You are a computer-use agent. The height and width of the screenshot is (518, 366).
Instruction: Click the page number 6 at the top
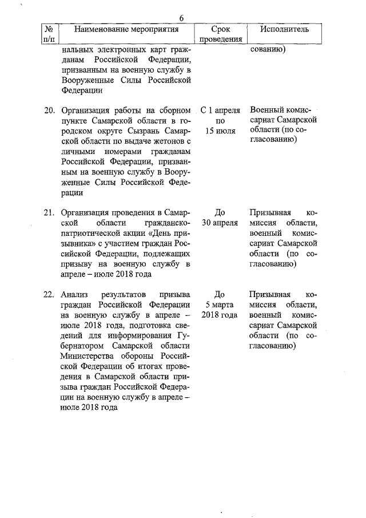(x=181, y=18)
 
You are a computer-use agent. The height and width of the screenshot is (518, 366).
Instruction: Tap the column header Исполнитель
(x=284, y=29)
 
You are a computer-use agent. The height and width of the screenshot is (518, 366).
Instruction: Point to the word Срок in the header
(x=220, y=29)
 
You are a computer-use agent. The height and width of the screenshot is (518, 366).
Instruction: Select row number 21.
(x=49, y=212)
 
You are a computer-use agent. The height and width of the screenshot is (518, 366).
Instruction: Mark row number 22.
(x=49, y=294)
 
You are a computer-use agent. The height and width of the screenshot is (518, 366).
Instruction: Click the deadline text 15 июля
(x=221, y=131)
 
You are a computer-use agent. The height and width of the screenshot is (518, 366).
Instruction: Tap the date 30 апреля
(x=221, y=223)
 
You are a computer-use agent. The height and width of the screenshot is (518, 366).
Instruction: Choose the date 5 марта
(x=221, y=305)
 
